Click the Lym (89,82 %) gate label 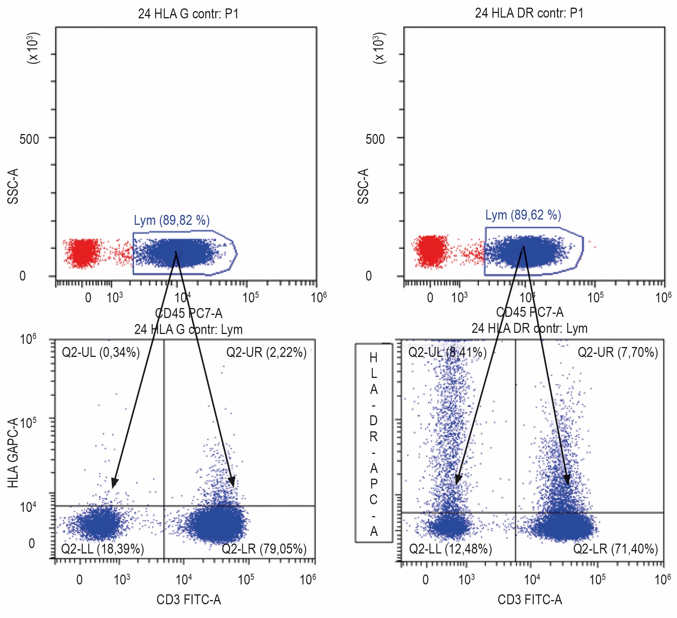tap(171, 220)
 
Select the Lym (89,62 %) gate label tap(523, 215)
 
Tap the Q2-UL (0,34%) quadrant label tap(101, 352)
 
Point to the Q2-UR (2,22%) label tap(266, 352)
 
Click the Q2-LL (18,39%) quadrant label tap(102, 549)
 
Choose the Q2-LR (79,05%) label tap(264, 549)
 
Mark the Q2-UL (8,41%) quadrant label tap(447, 352)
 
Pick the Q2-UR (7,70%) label tap(617, 352)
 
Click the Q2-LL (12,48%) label tap(450, 549)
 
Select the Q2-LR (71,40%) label tap(615, 549)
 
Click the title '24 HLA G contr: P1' tap(188, 14)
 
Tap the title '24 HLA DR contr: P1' tap(529, 13)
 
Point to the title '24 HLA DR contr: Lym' tap(529, 328)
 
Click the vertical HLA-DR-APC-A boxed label tap(374, 443)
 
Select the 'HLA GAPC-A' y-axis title tap(13, 453)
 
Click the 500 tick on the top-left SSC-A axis tap(29, 139)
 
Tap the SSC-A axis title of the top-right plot tap(363, 186)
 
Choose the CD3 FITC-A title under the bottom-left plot tap(189, 600)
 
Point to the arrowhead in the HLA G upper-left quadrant tap(114, 483)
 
